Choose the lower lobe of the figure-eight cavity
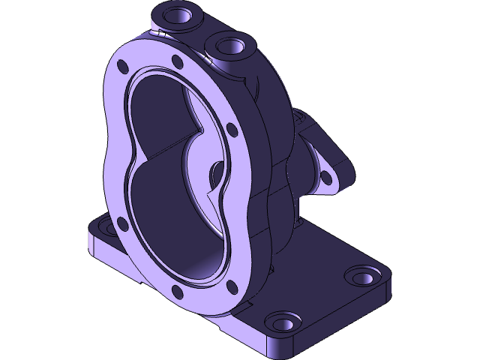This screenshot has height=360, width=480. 180,225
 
